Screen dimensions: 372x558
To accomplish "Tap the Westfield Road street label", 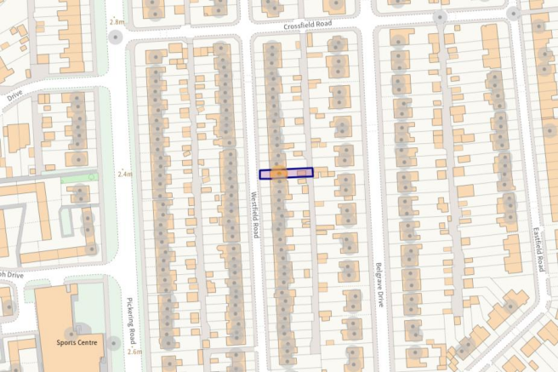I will [253, 213].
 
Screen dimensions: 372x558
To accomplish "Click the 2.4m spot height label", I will [127, 174].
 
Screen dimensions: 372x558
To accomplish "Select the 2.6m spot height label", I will [134, 351].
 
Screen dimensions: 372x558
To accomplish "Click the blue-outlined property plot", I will [287, 174].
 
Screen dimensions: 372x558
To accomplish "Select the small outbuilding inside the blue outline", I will [303, 174].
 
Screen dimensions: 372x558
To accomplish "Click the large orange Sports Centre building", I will [55, 315].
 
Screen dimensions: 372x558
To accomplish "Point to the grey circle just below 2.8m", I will [116, 37].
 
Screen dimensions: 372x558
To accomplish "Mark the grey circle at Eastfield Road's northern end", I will [512, 14].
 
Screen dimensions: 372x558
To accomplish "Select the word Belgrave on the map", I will [375, 277].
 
